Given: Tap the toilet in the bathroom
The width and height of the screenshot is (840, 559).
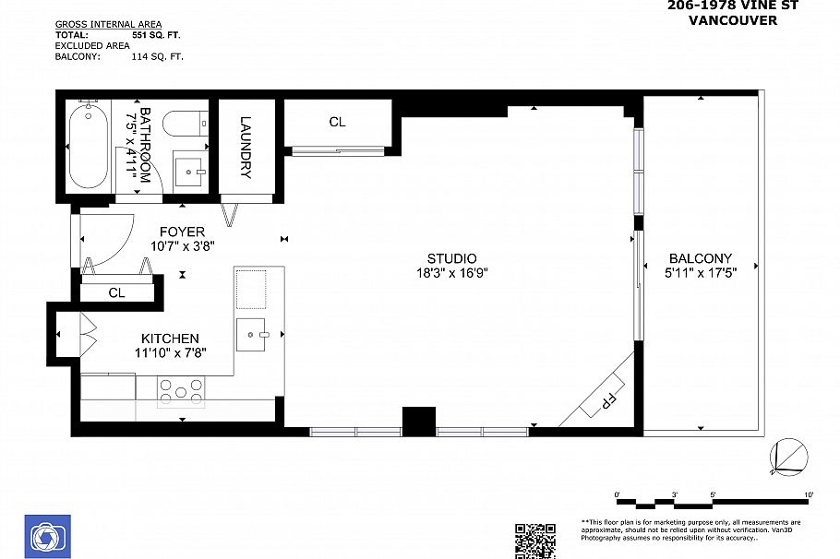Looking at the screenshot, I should [181, 123].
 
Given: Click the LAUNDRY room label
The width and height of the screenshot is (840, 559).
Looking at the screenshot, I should [246, 147].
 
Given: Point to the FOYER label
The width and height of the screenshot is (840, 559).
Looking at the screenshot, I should [182, 232].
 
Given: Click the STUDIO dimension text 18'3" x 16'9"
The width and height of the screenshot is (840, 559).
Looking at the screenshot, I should [451, 273].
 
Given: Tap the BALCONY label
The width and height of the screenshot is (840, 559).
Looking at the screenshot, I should [701, 258].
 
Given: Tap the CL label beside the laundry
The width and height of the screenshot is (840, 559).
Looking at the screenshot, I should [337, 122].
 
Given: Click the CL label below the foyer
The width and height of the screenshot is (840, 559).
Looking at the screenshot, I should [116, 292].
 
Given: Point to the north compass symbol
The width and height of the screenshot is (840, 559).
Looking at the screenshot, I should [789, 455].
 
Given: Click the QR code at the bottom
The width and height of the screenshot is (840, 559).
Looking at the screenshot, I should [534, 541].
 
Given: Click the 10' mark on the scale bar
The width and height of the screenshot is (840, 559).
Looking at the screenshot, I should [808, 495].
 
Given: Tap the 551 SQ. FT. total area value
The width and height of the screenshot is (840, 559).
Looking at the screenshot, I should [158, 34].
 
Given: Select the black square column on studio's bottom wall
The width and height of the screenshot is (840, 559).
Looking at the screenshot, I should [419, 421].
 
